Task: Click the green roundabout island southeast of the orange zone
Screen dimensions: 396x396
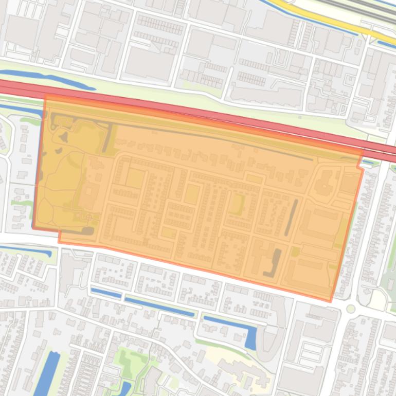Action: tap(351, 309)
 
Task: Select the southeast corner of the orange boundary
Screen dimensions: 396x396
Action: tap(331, 301)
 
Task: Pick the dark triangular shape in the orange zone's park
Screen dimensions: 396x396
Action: tap(64, 137)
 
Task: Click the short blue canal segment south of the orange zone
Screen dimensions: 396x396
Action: tap(106, 293)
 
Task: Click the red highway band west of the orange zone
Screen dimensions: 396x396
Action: tap(21, 88)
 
